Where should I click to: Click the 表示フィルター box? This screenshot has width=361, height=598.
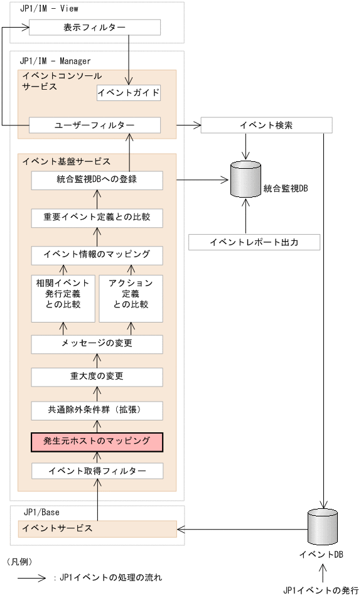click(95, 28)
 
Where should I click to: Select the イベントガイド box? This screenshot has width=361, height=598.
click(129, 93)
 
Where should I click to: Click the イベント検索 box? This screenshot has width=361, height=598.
click(266, 125)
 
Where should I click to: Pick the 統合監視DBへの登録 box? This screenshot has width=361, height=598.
click(97, 181)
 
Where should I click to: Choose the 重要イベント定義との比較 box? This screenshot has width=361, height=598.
click(97, 218)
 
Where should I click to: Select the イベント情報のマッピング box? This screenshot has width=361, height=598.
click(97, 255)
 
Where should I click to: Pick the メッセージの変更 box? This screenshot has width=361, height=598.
click(97, 344)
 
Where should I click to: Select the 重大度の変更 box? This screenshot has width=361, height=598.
click(97, 376)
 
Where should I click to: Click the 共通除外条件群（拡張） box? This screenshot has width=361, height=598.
click(97, 410)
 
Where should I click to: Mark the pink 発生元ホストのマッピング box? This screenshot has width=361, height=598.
click(97, 442)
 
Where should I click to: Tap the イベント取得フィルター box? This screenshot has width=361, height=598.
click(97, 471)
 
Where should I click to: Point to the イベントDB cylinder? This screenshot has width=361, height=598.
click(322, 526)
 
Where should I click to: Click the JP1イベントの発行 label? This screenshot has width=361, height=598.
click(321, 590)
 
